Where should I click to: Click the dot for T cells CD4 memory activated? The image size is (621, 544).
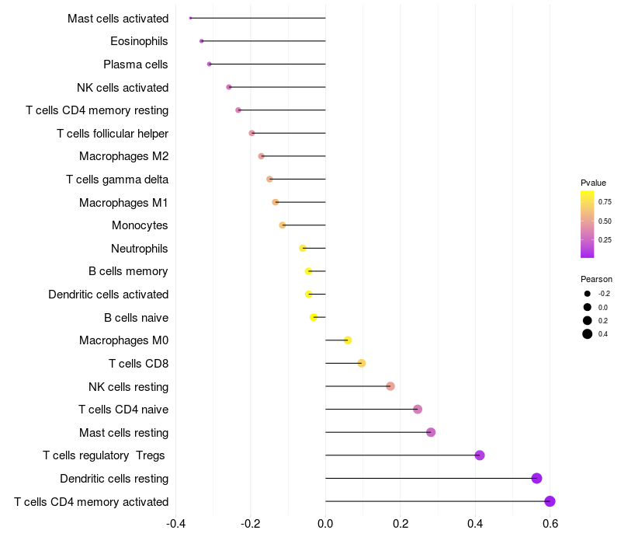pyautogui.click(x=550, y=501)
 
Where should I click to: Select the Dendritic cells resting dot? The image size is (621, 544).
pyautogui.click(x=536, y=479)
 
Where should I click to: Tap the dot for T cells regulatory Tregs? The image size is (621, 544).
pyautogui.click(x=480, y=455)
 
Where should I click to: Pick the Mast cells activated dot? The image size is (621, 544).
pyautogui.click(x=190, y=18)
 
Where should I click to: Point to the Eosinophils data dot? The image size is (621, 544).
pyautogui.click(x=202, y=40)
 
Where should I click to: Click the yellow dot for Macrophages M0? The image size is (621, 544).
pyautogui.click(x=348, y=340)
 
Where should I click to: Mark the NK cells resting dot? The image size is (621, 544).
pyautogui.click(x=390, y=386)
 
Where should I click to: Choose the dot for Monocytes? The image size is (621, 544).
pyautogui.click(x=283, y=225)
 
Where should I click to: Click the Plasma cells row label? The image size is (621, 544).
pyautogui.click(x=136, y=65)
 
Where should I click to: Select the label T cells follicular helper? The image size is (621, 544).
pyautogui.click(x=113, y=134)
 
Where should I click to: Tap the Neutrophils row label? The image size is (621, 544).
pyautogui.click(x=140, y=249)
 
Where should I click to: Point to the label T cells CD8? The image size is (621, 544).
pyautogui.click(x=139, y=364)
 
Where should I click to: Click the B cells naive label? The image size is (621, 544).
pyautogui.click(x=136, y=318)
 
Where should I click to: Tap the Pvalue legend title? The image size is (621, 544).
pyautogui.click(x=593, y=183)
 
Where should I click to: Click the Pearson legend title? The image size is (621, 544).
pyautogui.click(x=596, y=279)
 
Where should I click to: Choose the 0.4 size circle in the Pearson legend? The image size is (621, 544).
pyautogui.click(x=588, y=334)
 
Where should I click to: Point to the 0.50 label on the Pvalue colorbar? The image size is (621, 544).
pyautogui.click(x=605, y=221)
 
